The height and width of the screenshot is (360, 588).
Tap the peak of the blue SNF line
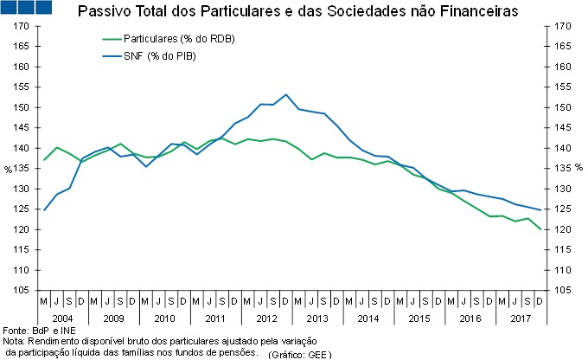coord(286,94)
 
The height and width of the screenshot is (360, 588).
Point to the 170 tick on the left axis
coord(21,27)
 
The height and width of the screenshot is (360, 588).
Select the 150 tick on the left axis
coord(21,107)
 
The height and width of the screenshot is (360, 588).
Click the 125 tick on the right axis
coord(561,209)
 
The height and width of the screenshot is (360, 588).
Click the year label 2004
coord(61,318)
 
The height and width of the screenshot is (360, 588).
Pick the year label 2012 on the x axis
coord(266,318)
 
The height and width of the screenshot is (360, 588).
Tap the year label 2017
coord(521,318)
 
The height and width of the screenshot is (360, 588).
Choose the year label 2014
coord(368,318)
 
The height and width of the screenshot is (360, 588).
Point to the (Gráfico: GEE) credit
coord(299,354)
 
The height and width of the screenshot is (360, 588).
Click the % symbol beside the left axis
coord(8,169)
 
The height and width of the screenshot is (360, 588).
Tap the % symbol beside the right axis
coord(578,167)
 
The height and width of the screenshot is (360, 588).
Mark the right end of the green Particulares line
coord(541,229)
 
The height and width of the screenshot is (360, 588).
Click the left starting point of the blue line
coord(43,209)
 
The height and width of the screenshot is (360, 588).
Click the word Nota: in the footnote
coord(15,342)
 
